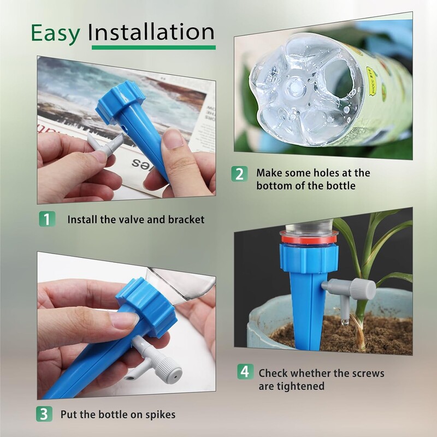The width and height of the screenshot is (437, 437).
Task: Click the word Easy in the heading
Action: (56, 33)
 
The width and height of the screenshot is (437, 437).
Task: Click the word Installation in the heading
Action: (151, 32)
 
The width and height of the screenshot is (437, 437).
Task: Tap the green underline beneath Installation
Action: (153, 48)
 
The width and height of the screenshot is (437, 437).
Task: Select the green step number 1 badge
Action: (47, 219)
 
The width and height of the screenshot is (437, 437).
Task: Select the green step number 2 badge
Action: (239, 174)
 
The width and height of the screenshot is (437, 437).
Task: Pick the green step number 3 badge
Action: (44, 414)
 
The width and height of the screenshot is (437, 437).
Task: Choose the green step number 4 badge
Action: (245, 371)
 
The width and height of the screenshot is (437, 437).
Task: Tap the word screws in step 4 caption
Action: (368, 374)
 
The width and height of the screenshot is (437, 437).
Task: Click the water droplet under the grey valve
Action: (345, 322)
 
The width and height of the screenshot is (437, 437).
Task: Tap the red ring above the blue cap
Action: (309, 239)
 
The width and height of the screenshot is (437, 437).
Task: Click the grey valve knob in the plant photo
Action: (363, 289)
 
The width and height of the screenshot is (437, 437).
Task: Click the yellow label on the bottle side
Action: (373, 81)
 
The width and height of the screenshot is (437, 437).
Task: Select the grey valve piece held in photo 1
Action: (105, 144)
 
